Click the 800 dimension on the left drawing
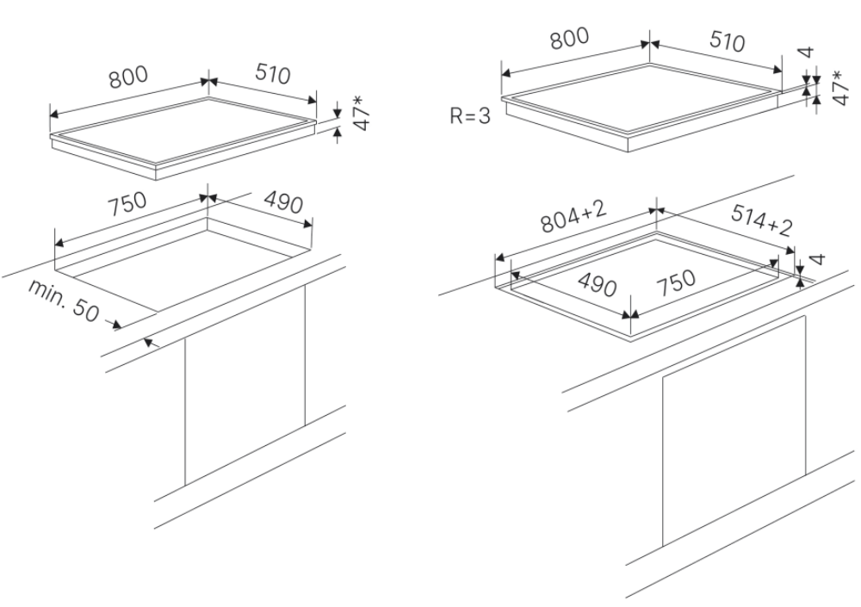click(x=127, y=77)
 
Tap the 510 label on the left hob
click(x=272, y=75)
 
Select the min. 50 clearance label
click(x=64, y=300)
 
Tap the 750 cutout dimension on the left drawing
click(x=128, y=205)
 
